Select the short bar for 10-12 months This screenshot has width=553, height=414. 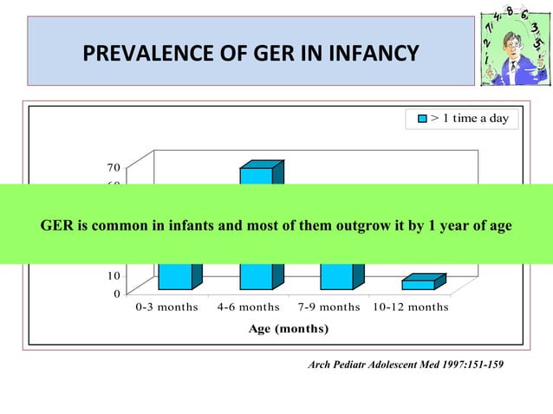[x=419, y=284]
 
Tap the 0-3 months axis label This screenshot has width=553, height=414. [x=167, y=307]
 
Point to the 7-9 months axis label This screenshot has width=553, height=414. [x=329, y=307]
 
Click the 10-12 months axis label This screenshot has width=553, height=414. [x=410, y=307]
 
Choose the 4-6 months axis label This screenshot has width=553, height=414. [x=248, y=307]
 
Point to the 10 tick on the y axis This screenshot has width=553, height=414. [x=114, y=276]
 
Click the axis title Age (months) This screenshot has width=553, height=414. [x=288, y=329]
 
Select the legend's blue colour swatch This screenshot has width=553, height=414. [x=422, y=119]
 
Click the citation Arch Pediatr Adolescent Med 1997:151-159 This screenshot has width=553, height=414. [x=406, y=365]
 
